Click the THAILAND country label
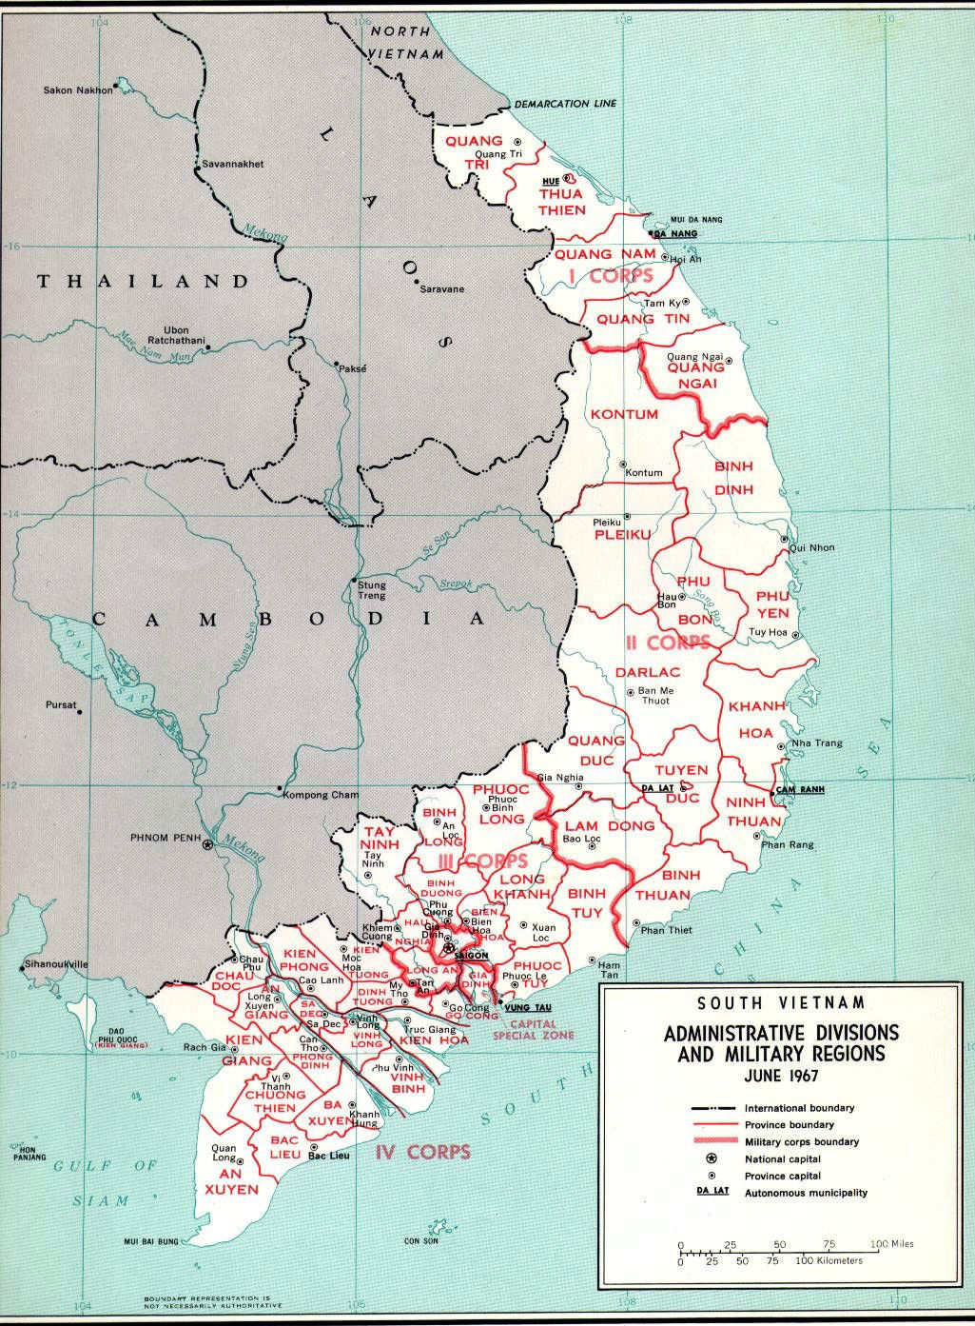143,282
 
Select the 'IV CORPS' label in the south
422,1152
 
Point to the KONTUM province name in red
624,414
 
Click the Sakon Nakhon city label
78,90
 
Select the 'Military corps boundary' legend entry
802,1141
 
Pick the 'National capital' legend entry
783,1158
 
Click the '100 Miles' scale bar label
891,1245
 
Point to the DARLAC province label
644,672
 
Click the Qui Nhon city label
811,548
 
